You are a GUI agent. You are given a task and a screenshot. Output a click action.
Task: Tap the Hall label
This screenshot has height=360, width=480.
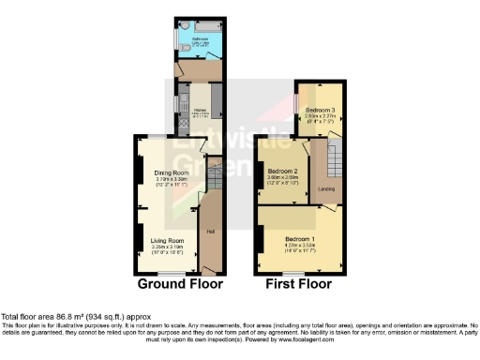coord(212,231)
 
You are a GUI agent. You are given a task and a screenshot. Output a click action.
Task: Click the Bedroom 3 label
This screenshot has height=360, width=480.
coord(320,110)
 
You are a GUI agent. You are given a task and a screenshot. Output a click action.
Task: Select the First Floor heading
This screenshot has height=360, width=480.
coord(300,284)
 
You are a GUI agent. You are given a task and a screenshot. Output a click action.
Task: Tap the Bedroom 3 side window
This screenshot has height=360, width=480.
coord(294,104)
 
